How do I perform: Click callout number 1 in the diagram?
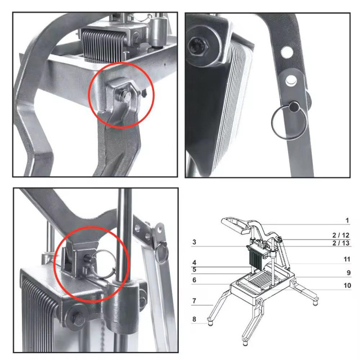coord(347,220)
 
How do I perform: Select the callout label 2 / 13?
coord(341,243)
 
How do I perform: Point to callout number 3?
coord(193,242)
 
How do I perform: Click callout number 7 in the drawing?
coord(193,301)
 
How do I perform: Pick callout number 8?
coord(193,319)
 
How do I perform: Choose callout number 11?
coord(347,259)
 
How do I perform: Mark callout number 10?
coord(347,286)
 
